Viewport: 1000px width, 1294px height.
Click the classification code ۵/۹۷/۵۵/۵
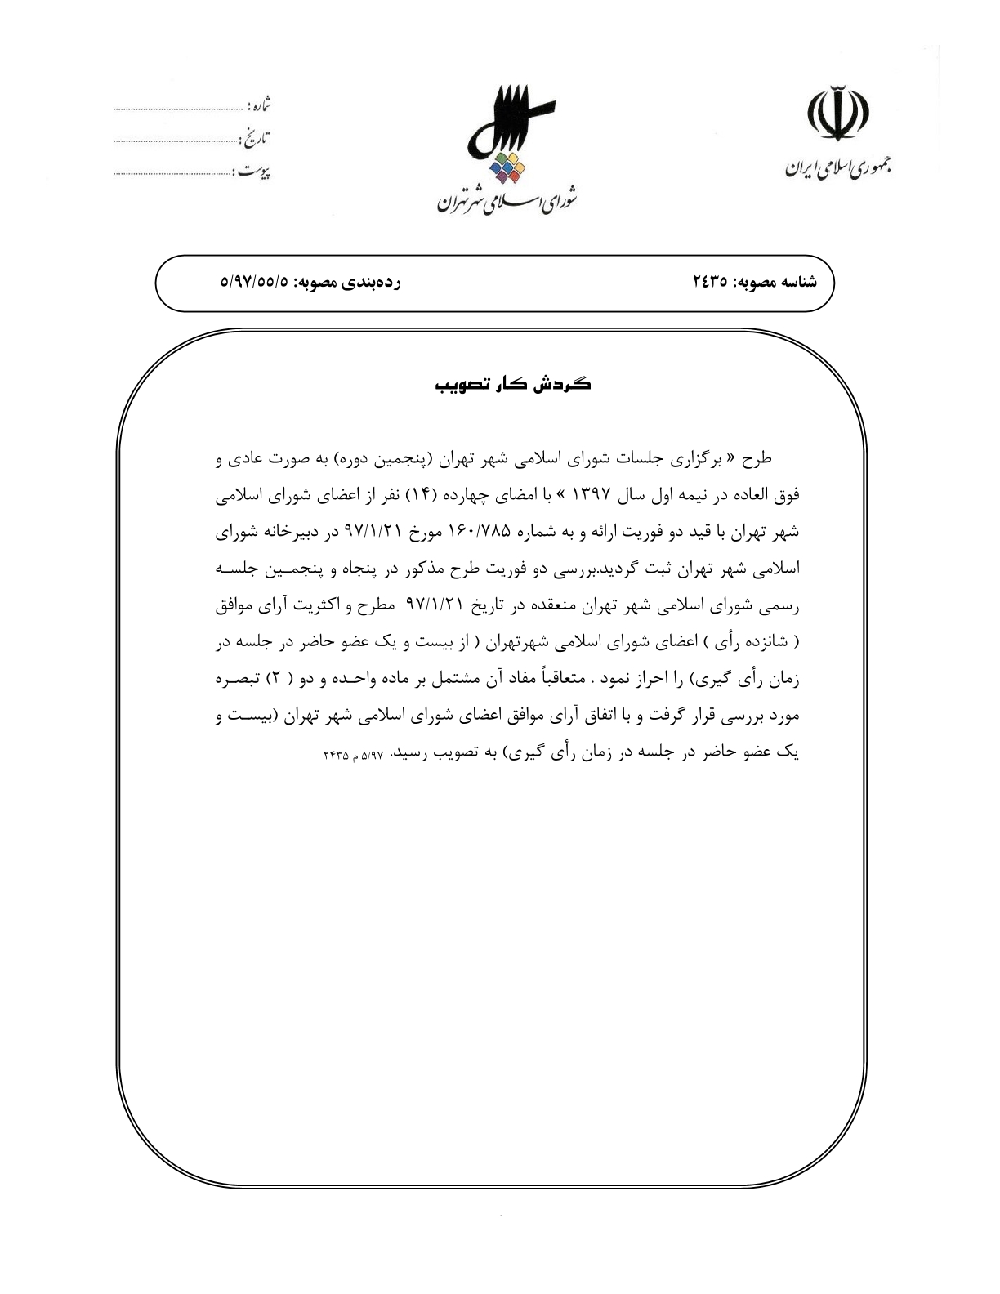click(255, 283)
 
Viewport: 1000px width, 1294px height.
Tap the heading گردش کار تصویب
click(512, 385)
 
